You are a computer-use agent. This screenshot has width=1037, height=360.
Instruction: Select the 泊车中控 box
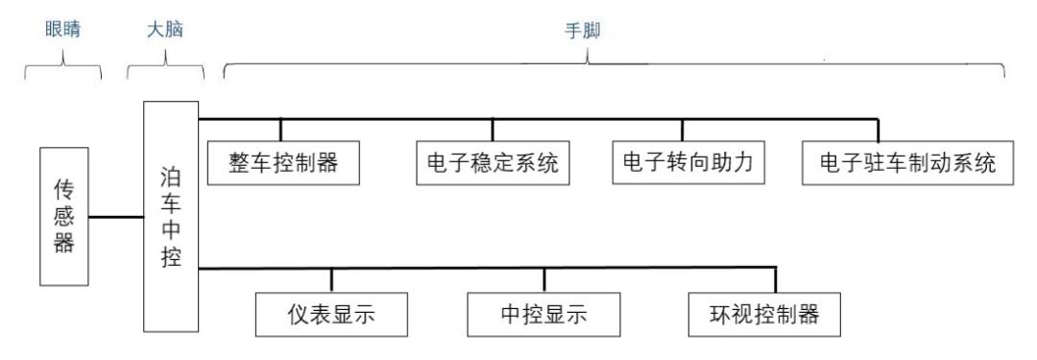(171, 215)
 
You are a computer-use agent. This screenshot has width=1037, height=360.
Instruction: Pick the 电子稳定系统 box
(492, 164)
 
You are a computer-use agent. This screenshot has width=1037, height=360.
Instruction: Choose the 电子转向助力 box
(683, 164)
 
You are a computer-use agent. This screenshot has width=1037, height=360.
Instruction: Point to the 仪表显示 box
(332, 313)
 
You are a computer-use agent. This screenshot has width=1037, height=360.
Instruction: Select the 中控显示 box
(543, 313)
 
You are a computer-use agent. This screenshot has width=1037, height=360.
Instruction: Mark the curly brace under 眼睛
(63, 69)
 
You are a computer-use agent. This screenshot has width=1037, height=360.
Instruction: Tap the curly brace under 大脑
(165, 69)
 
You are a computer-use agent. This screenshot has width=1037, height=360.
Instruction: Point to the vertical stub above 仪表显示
(332, 279)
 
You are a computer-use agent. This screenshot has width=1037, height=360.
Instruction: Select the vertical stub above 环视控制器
(776, 279)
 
